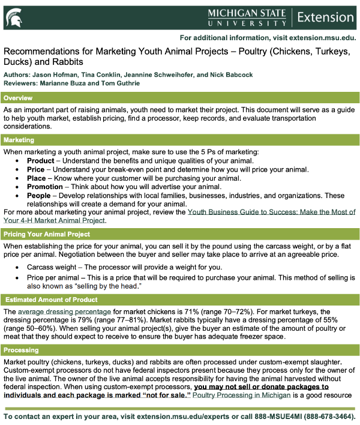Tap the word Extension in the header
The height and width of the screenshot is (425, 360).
click(x=325, y=17)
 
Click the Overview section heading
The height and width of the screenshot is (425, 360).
click(x=20, y=98)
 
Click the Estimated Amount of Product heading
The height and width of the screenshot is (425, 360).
click(x=51, y=300)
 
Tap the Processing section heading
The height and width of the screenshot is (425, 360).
click(x=22, y=350)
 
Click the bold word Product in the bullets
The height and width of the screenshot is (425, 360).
click(x=41, y=161)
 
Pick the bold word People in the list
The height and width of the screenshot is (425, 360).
click(x=40, y=196)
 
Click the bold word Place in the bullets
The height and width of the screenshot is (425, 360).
click(x=37, y=178)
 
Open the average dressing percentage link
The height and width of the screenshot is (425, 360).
click(x=64, y=312)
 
